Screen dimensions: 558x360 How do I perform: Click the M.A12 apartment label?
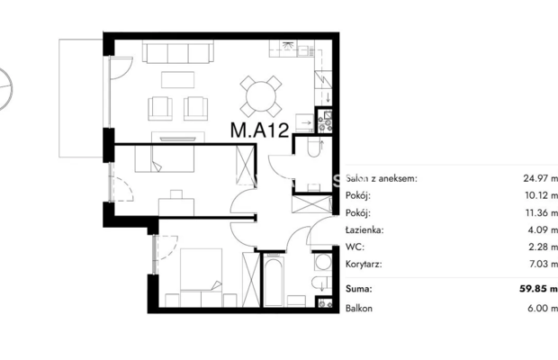coord(259,130)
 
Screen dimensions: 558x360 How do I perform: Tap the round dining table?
coord(261,96)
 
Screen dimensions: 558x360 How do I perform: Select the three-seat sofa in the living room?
coord(178,52)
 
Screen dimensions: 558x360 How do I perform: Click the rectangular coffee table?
coord(177,80)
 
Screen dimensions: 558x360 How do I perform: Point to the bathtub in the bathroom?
coord(274,281)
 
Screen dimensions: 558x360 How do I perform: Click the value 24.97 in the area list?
coord(535,178)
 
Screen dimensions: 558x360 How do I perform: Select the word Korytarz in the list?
coord(364,265)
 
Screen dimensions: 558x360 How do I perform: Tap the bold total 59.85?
coord(533,289)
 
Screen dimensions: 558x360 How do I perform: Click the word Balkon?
coord(359,308)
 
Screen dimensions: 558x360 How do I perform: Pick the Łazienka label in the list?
coord(364,229)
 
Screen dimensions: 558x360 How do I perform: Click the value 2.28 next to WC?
coord(538,247)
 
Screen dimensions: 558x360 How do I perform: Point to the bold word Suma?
coord(359,289)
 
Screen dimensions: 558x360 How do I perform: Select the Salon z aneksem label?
coord(381,178)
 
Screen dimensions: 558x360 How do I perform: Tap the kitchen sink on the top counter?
coord(287,46)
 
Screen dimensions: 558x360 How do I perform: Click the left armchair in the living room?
coord(160,108)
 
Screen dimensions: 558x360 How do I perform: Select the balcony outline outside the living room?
coord(81,98)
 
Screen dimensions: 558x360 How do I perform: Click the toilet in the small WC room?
coord(314,148)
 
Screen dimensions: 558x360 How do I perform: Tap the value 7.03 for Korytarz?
coord(538,265)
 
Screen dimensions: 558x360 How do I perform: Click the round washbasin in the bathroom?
coord(323,263)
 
